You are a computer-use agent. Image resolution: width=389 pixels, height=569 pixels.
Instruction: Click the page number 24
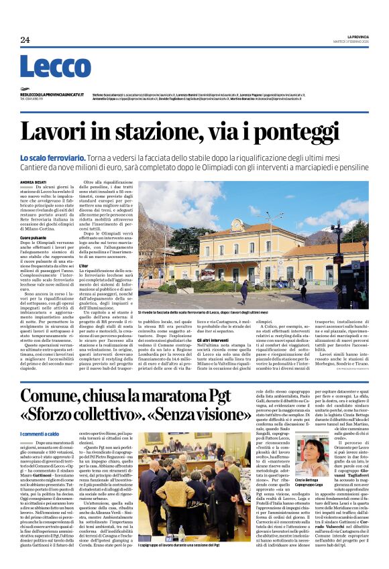tap(25, 40)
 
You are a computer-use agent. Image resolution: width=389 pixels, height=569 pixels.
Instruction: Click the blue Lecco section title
tap(55, 68)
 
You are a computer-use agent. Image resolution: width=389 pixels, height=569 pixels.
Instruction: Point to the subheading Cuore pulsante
tap(33, 237)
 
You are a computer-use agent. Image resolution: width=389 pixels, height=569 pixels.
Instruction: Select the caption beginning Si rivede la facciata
tap(201, 313)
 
